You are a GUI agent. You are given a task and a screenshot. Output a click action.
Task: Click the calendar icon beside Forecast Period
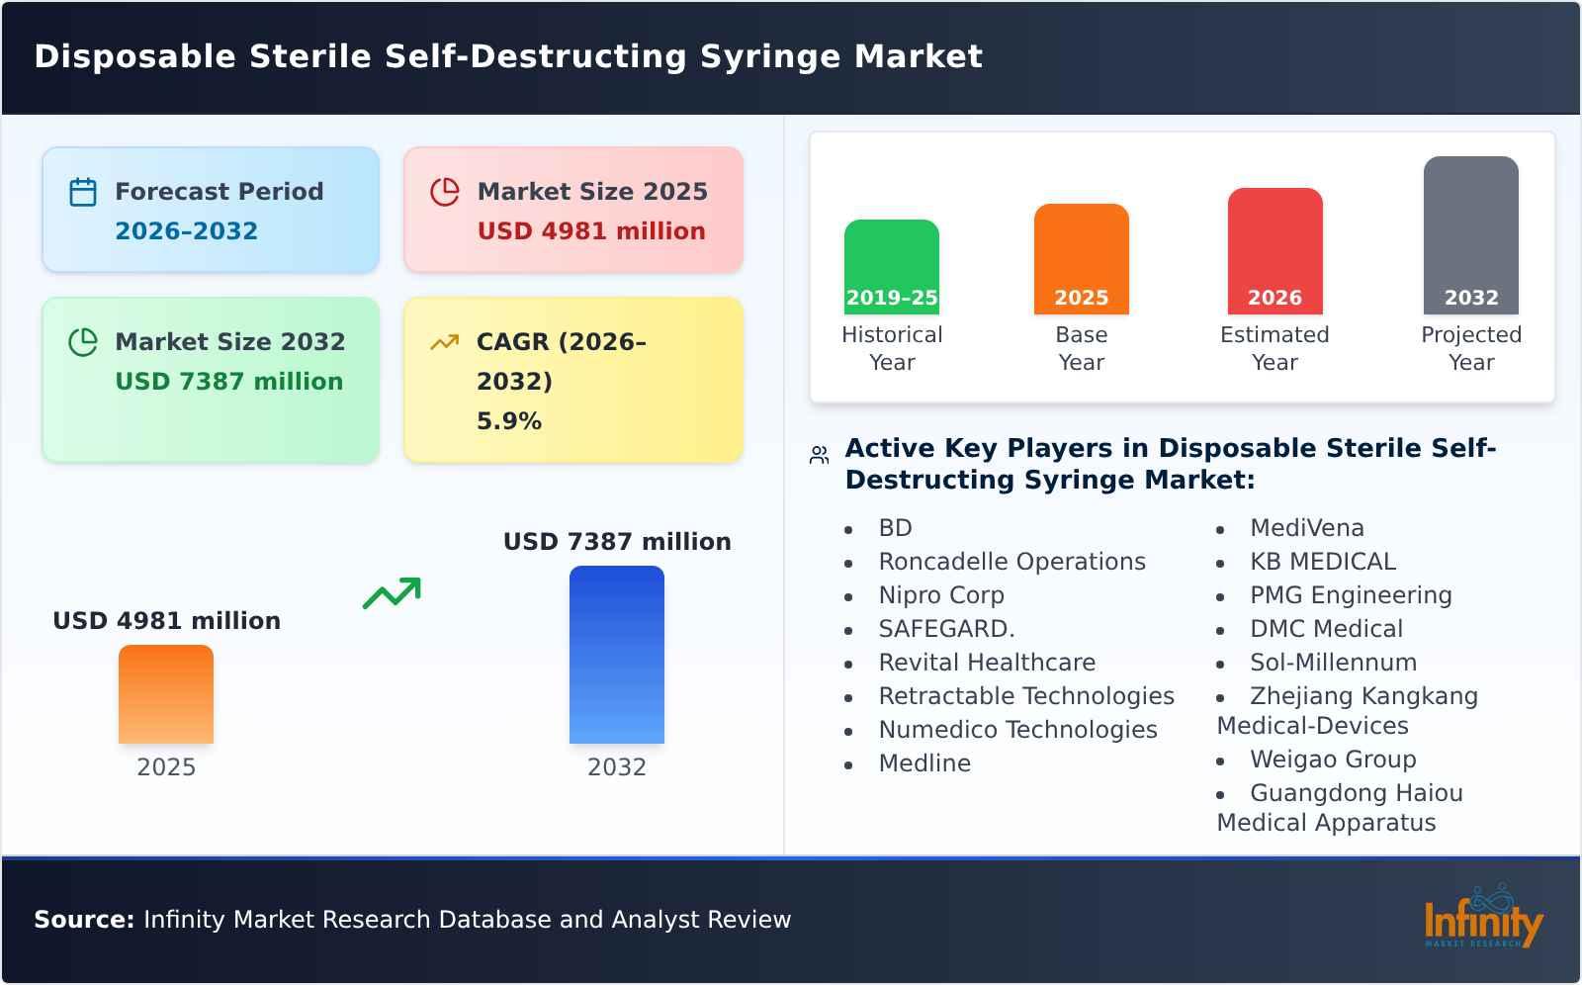click(83, 192)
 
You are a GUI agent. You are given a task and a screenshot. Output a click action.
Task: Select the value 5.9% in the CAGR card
click(508, 421)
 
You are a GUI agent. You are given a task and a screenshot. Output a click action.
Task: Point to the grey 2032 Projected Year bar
click(1470, 235)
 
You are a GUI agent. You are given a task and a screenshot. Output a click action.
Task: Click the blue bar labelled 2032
click(616, 655)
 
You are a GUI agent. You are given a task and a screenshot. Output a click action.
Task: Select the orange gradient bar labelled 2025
click(166, 694)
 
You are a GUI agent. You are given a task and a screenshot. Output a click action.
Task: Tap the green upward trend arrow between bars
click(392, 593)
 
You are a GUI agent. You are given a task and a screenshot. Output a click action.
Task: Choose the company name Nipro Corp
click(940, 595)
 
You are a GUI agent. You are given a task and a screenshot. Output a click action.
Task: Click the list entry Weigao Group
click(1332, 760)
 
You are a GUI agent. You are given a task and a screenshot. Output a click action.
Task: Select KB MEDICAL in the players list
click(1322, 562)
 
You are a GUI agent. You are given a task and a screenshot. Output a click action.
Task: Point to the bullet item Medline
click(923, 763)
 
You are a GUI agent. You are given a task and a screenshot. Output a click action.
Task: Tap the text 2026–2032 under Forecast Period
click(186, 231)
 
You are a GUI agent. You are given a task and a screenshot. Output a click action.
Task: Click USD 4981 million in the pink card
click(590, 231)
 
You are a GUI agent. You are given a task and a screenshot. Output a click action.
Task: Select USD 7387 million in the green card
click(228, 382)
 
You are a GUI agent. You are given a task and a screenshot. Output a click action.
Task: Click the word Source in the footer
click(83, 920)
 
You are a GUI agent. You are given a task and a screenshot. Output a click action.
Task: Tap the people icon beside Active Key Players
click(819, 455)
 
